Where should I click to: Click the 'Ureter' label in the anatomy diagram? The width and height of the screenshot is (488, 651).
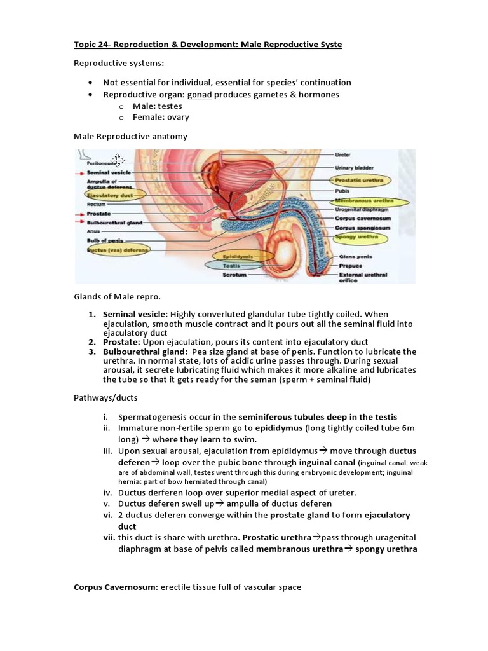point(342,154)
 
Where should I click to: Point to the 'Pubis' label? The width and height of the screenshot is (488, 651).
point(341,190)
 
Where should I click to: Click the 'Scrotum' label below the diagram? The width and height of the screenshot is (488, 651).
point(234,275)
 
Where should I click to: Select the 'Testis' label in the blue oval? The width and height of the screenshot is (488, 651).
point(231,266)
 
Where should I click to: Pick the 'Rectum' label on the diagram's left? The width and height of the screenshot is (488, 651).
point(96,204)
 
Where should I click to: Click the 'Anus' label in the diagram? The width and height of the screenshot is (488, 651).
point(93,231)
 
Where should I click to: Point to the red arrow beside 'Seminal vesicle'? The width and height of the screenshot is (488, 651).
point(80,173)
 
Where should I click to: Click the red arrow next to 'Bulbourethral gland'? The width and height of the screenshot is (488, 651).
point(80,223)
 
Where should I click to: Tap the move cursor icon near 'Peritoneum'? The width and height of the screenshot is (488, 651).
point(118,160)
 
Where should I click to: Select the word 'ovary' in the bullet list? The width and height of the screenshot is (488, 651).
point(178,117)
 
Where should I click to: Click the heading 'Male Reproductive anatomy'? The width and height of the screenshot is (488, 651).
point(130,136)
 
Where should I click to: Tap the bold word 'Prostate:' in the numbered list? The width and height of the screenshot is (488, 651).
point(123,342)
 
